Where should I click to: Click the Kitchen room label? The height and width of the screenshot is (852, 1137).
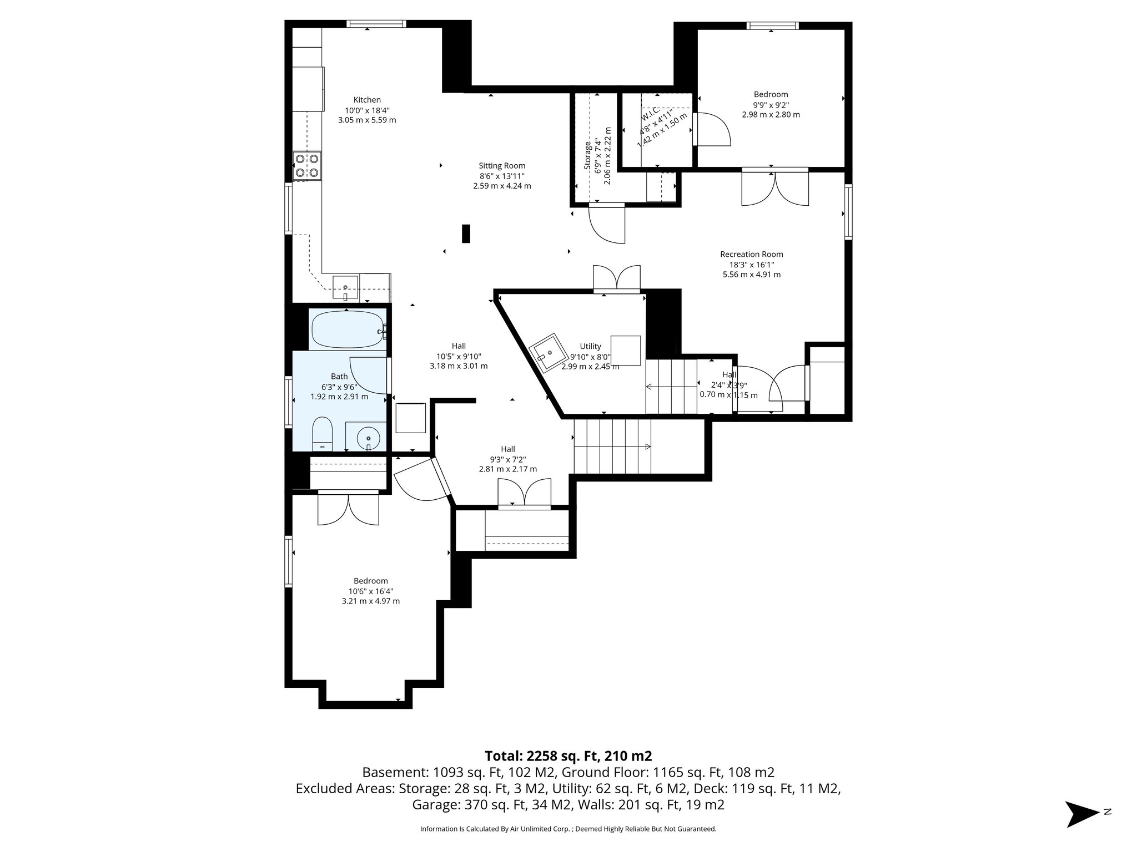[x=367, y=100]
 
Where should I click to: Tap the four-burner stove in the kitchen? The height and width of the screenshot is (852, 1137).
[x=307, y=165]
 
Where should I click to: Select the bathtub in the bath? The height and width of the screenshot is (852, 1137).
[x=348, y=330]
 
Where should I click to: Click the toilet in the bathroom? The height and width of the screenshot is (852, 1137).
[x=322, y=434]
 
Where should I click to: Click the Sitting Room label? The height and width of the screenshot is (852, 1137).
[x=502, y=165]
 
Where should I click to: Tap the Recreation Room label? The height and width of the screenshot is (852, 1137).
[x=751, y=254]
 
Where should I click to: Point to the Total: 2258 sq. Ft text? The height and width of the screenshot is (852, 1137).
[x=568, y=755]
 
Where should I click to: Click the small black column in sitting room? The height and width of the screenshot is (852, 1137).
[x=466, y=234]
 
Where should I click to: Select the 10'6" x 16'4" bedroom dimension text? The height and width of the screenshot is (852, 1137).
[x=370, y=591]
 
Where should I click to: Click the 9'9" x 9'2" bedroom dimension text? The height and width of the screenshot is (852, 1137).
[x=771, y=104]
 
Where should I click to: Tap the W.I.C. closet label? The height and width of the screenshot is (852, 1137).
[x=650, y=113]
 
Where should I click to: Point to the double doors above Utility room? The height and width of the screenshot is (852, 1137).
[x=616, y=278]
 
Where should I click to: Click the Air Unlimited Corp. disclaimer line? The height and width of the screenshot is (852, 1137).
[x=568, y=829]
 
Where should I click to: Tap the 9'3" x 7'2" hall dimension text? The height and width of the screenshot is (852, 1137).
[x=507, y=459]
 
